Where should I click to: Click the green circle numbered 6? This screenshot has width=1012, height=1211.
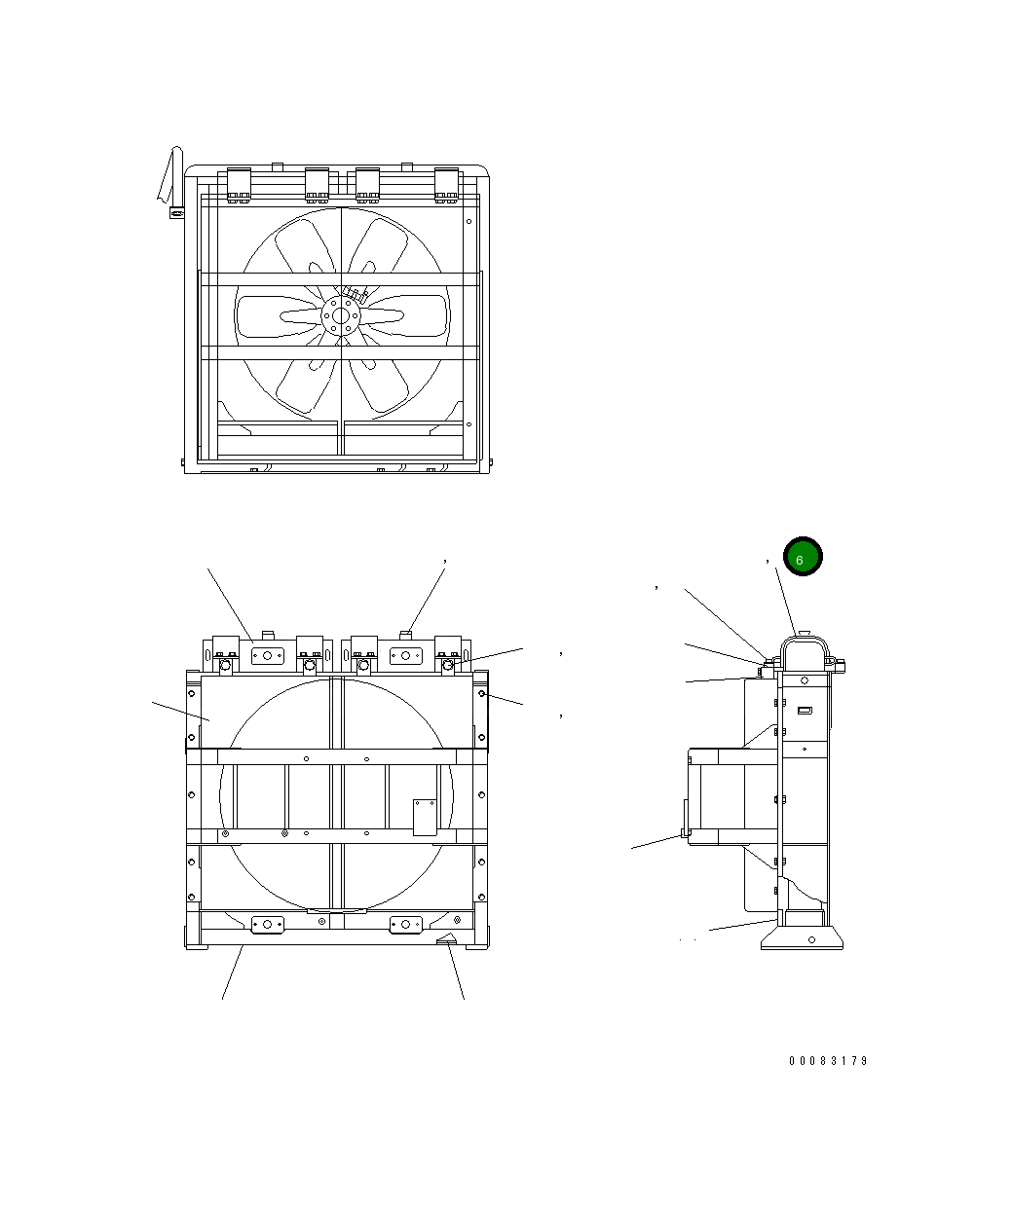[803, 556]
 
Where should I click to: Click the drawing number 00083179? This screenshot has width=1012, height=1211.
[828, 1061]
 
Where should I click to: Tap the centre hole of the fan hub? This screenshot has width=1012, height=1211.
[341, 316]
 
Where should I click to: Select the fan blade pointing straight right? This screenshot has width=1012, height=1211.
[406, 316]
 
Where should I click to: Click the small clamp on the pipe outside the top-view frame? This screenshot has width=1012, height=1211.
[177, 213]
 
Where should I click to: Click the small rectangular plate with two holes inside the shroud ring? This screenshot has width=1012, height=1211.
[425, 818]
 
